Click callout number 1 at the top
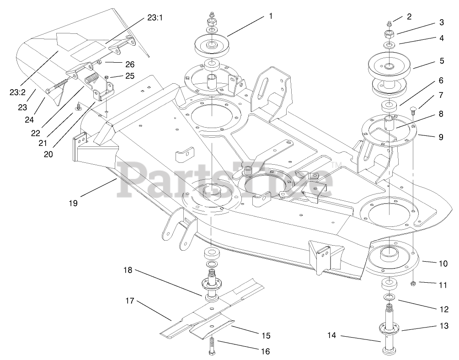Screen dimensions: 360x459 pos(271,16)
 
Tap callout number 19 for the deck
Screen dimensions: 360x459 pos(74,202)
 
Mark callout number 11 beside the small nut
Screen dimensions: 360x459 pos(442,285)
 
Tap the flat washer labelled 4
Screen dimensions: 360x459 pos(390,45)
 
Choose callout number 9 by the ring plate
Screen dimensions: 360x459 pos(441,137)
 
